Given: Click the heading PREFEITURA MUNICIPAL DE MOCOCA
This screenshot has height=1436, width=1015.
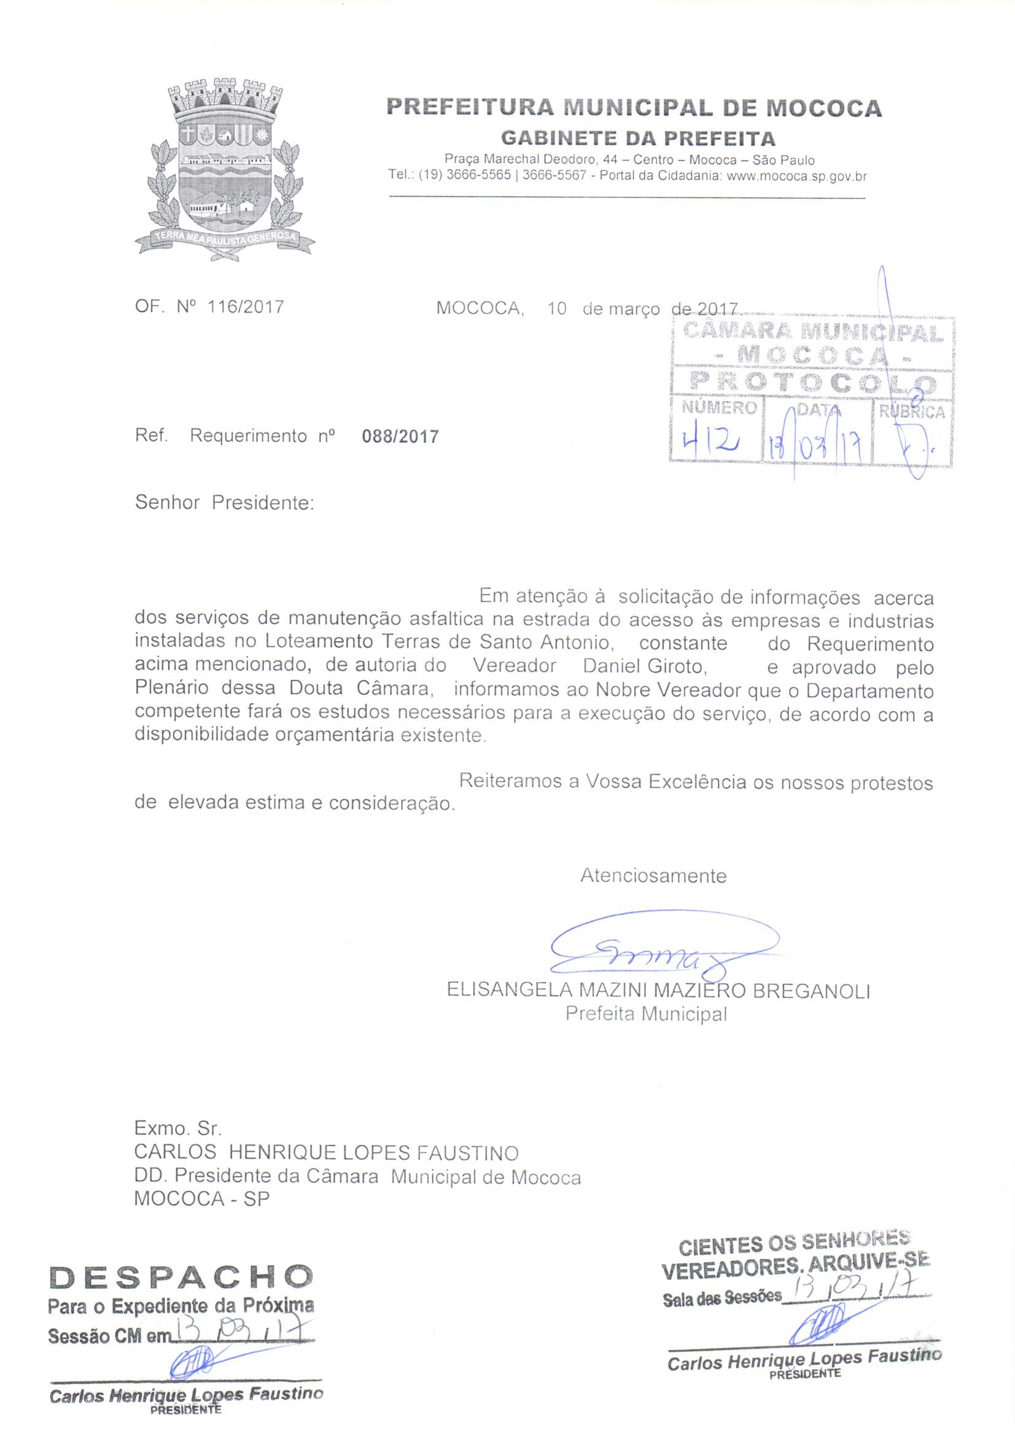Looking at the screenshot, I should (634, 108).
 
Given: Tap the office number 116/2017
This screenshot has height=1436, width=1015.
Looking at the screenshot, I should (245, 307).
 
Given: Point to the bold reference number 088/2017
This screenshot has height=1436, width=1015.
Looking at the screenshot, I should (400, 436).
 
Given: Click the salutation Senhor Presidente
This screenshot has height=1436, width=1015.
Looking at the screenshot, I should (224, 503).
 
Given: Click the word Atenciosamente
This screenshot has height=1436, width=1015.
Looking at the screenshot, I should (653, 876).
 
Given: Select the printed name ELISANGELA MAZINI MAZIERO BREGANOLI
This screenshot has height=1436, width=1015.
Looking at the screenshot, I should (658, 991).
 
